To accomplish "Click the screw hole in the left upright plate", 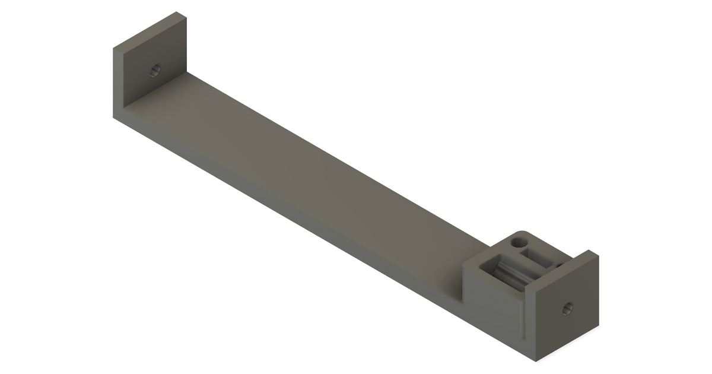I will click(155, 70).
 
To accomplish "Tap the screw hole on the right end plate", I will click(567, 308).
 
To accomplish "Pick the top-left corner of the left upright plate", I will click(113, 50).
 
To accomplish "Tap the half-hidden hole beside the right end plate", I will click(558, 266).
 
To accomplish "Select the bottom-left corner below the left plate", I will click(114, 118).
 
